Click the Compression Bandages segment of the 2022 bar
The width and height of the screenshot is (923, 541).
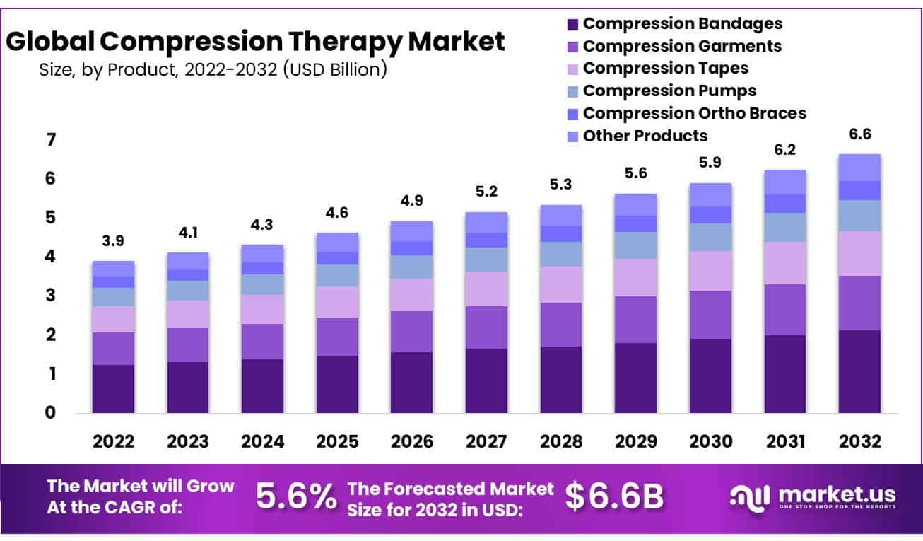point(113,388)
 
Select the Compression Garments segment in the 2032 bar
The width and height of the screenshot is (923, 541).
point(859,303)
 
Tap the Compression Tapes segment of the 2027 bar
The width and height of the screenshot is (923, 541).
point(486,289)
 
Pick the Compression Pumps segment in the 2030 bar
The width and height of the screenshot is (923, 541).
point(710,237)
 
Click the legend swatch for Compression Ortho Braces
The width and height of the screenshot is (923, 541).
point(572,114)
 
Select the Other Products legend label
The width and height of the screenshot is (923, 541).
point(645,136)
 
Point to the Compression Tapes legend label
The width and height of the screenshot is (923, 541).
point(665,69)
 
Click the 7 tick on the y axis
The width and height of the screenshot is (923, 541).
point(50,140)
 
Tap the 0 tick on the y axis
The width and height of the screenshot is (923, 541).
point(50,412)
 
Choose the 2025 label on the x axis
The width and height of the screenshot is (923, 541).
point(337,442)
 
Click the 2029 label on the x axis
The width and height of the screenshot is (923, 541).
point(635,442)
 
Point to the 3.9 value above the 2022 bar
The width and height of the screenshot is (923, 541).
point(113,241)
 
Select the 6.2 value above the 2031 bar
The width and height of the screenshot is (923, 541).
point(784,150)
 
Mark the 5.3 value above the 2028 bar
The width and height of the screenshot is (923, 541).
point(560,185)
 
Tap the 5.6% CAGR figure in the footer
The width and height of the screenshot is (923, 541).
point(295,497)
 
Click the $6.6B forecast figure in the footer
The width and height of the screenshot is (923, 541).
point(615,497)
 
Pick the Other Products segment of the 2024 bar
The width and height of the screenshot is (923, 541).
point(262,253)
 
